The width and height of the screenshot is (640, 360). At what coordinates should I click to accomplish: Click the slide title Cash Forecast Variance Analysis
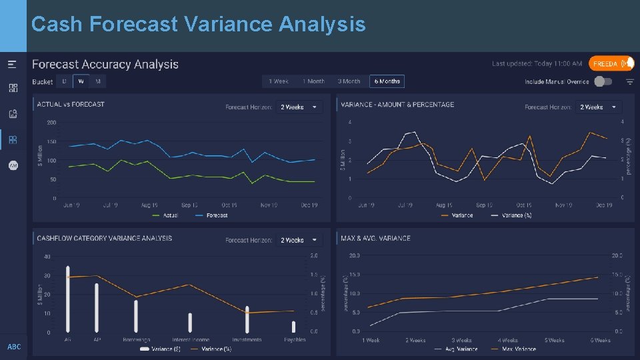[x=198, y=25]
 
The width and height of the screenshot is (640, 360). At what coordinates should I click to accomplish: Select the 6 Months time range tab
[x=387, y=81]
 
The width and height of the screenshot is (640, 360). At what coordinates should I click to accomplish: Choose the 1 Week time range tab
[x=279, y=81]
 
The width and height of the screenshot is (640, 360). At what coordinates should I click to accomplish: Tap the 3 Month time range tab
[x=349, y=81]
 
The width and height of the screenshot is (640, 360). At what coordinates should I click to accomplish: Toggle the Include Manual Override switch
[x=603, y=81]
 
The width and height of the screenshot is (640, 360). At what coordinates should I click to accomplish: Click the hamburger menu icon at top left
[x=13, y=65]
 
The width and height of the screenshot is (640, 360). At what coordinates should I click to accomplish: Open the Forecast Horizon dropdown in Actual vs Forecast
[x=299, y=107]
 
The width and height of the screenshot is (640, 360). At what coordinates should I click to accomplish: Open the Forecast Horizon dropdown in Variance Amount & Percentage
[x=598, y=107]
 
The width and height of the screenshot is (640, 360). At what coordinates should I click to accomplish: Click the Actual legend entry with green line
[x=167, y=215]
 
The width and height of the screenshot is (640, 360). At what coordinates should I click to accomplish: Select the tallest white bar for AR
[x=67, y=299]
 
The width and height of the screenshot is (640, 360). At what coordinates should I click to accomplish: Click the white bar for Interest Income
[x=190, y=323]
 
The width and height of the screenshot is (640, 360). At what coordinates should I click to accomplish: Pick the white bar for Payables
[x=293, y=327]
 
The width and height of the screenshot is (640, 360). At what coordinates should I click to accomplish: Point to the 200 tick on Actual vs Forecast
[x=51, y=123]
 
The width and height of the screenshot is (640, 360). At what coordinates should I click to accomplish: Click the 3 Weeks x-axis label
[x=461, y=340]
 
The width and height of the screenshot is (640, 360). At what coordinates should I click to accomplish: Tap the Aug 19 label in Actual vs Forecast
[x=149, y=205]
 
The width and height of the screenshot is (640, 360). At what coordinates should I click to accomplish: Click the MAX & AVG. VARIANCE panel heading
[x=375, y=238]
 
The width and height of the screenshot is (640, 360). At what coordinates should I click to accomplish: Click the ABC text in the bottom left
[x=14, y=347]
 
